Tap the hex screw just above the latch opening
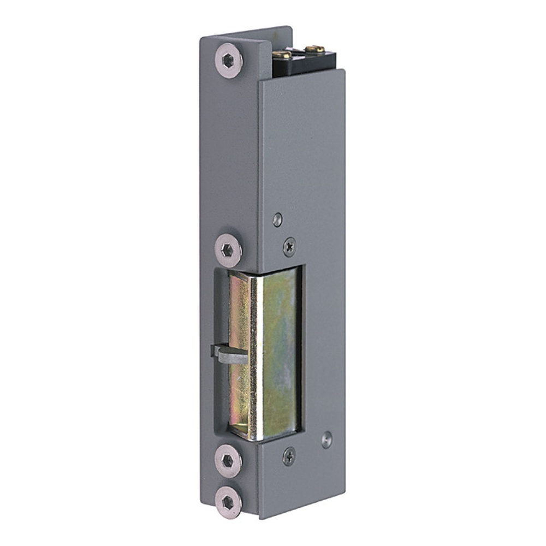pyautogui.click(x=228, y=251)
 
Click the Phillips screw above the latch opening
pyautogui.click(x=289, y=247)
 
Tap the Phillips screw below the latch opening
pyautogui.click(x=289, y=456)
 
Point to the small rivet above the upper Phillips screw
pyautogui.click(x=278, y=219)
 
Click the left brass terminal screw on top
pyautogui.click(x=282, y=54)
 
